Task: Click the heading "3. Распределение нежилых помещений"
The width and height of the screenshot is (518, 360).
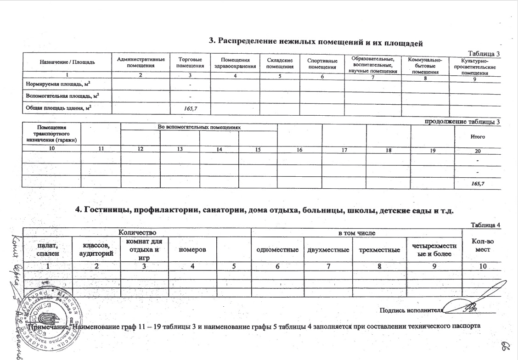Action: pos(315,42)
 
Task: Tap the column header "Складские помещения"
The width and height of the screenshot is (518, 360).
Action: pos(280,63)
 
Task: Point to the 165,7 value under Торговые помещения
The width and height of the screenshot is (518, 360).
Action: pos(189,108)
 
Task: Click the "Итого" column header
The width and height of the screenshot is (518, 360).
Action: pos(478,136)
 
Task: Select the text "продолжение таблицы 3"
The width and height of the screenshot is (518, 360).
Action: pos(463,121)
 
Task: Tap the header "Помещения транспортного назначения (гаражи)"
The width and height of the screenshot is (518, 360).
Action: pos(51,133)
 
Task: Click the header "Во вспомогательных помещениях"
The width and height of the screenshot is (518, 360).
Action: pos(199,127)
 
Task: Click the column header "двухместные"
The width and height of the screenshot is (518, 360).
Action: pos(327,248)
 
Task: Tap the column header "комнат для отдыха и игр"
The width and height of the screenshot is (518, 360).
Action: pos(145,248)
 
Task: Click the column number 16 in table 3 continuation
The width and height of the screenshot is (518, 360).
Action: pos(299,150)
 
